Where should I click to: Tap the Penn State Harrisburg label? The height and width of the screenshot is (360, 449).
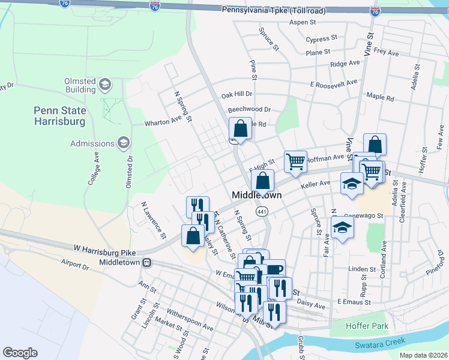point(59,116)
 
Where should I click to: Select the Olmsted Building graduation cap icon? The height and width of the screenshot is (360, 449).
point(105,84)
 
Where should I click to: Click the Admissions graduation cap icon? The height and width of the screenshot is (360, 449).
point(124,143)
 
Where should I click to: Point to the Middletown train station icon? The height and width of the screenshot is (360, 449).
point(146,263)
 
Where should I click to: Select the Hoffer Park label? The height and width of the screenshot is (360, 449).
point(367,326)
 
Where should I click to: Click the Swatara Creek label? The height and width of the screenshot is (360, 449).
point(381,345)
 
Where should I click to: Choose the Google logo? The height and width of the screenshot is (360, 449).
point(20,353)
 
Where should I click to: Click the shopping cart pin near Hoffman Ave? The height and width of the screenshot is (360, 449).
point(295,161)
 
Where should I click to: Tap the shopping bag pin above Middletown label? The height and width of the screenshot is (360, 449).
point(262,180)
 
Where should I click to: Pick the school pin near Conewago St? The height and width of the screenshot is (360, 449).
point(342,227)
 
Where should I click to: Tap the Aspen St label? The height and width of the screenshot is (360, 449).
point(303,22)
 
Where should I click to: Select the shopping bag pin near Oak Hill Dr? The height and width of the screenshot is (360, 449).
point(240,128)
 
